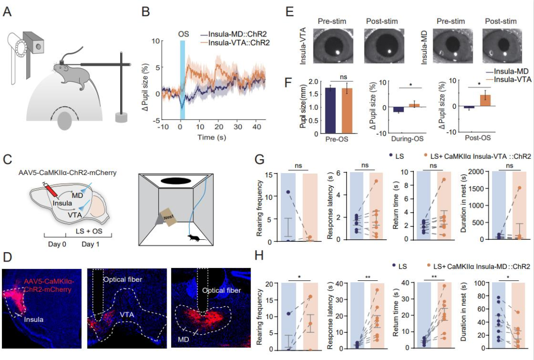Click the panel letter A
click(7, 11)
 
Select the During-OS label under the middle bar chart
click(396, 139)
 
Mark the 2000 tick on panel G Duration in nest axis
click(477, 172)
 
